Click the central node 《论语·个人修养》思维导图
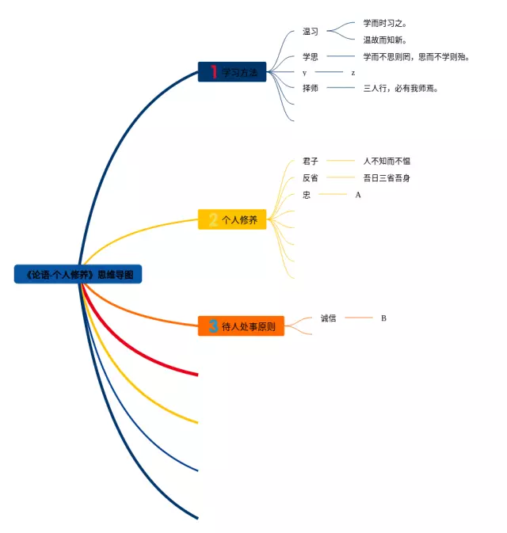(x=78, y=275)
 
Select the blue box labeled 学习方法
(x=232, y=72)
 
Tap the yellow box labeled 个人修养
(x=232, y=219)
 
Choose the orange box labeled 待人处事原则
(x=241, y=326)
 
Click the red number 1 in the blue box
(x=214, y=72)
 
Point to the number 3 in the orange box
(x=212, y=326)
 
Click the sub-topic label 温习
(x=311, y=32)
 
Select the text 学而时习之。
(x=386, y=24)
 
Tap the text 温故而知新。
(x=386, y=40)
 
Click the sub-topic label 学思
(x=311, y=56)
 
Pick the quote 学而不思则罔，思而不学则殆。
(x=417, y=56)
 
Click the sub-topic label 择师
(x=311, y=88)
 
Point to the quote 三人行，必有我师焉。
(x=401, y=88)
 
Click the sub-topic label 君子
(x=311, y=161)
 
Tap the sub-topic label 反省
(x=311, y=178)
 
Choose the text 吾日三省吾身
(x=387, y=178)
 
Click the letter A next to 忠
(x=358, y=194)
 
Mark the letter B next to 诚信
(x=384, y=318)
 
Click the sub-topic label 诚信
(x=329, y=318)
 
